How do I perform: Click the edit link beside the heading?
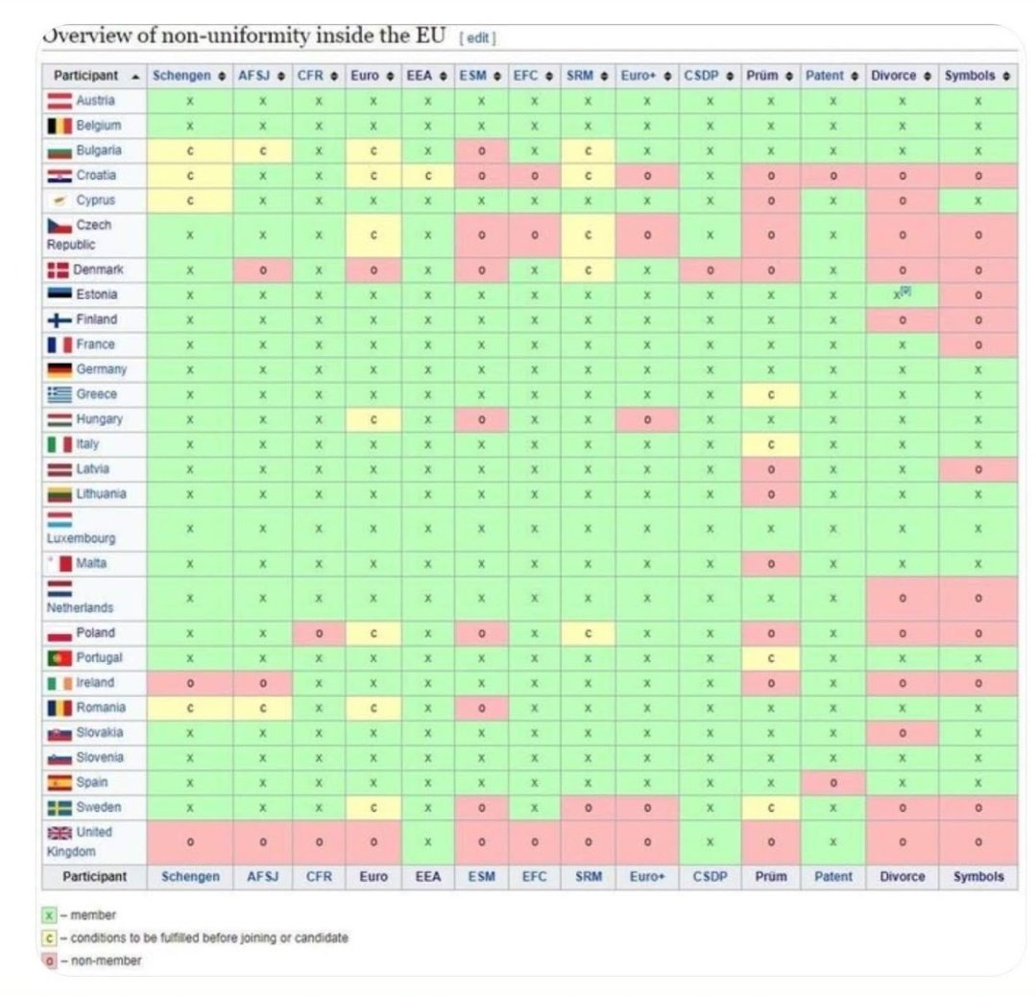477,38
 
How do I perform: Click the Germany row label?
101,369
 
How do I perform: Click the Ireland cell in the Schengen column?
189,683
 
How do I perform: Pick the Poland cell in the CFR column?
319,633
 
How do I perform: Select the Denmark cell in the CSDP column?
710,271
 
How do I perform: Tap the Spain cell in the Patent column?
832,783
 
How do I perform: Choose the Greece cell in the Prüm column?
770,394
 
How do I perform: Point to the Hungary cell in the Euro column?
373,419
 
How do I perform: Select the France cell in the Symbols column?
977,344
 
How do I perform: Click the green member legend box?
48,915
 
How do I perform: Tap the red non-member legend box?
48,960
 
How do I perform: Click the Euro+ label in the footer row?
647,876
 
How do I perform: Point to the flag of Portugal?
60,658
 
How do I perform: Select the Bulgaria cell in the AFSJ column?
262,151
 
